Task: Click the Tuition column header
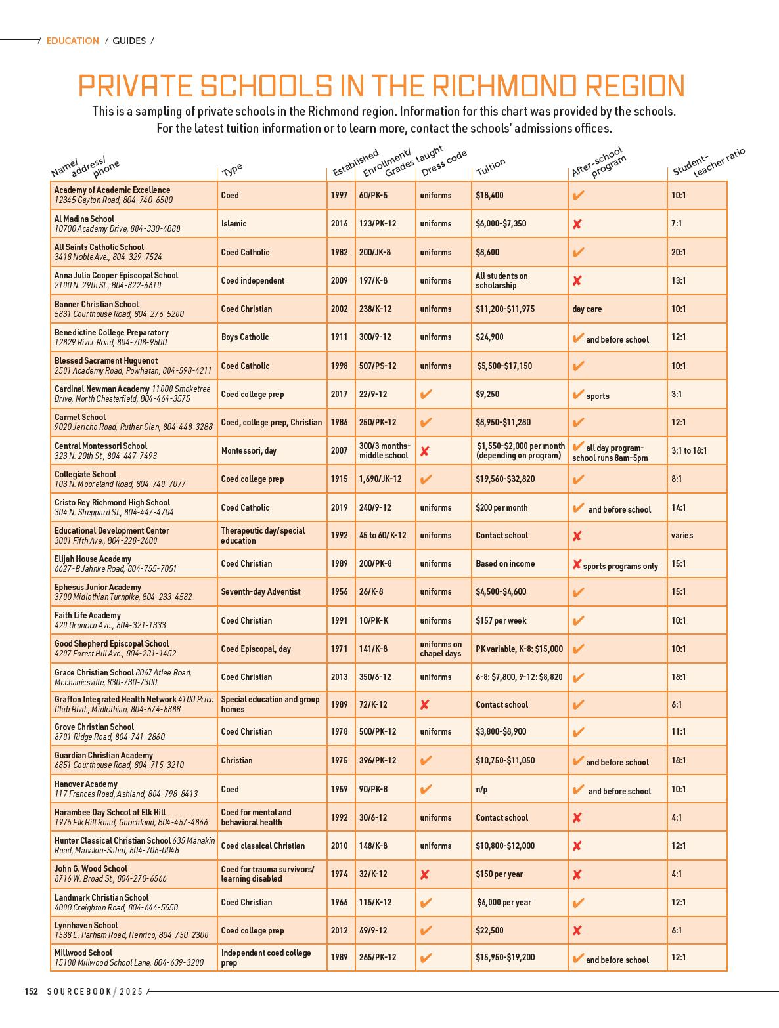pyautogui.click(x=491, y=167)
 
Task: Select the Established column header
pyautogui.click(x=355, y=163)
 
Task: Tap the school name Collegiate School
pyautogui.click(x=85, y=474)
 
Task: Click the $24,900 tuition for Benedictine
pyautogui.click(x=489, y=337)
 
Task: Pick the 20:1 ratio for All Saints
pyautogui.click(x=679, y=252)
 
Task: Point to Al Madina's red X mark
pyautogui.click(x=577, y=225)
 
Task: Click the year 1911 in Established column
pyautogui.click(x=340, y=337)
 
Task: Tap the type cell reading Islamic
pyautogui.click(x=234, y=224)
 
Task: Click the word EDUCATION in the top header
pyautogui.click(x=73, y=41)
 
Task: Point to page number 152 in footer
pyautogui.click(x=32, y=991)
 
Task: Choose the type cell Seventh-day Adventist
pyautogui.click(x=261, y=592)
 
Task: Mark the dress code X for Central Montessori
pyautogui.click(x=425, y=452)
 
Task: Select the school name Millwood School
pyautogui.click(x=83, y=953)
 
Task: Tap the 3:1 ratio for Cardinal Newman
pyautogui.click(x=677, y=395)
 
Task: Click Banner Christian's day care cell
pyautogui.click(x=587, y=309)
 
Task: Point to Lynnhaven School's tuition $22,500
pyautogui.click(x=489, y=931)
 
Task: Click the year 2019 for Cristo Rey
pyautogui.click(x=340, y=508)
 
